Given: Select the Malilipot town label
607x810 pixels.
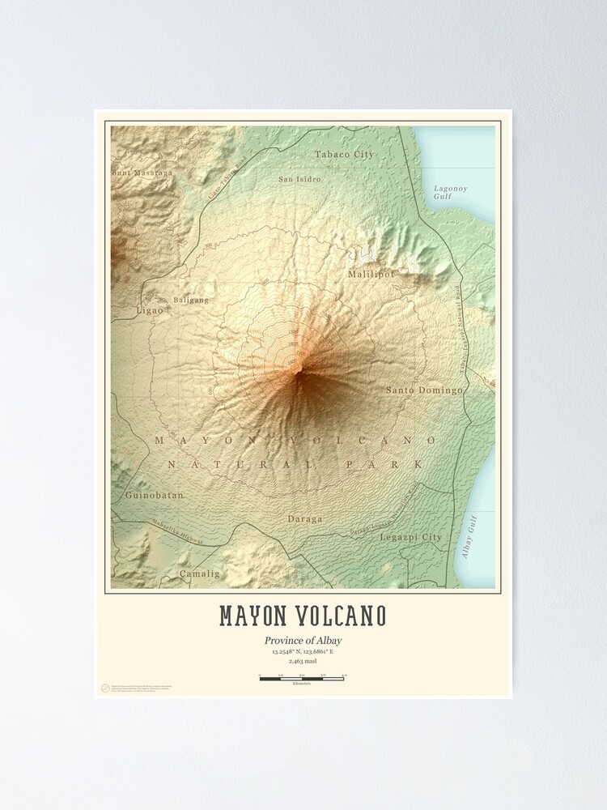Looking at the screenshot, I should coord(371,275).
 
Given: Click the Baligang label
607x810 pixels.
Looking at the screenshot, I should coord(190,300).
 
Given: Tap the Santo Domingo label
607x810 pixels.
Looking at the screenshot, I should coord(424,390).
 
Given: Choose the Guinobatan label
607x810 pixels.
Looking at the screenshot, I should coord(155,495).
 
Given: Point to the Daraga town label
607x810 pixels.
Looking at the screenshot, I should coord(304,518).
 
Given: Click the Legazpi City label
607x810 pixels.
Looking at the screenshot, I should coord(411,537).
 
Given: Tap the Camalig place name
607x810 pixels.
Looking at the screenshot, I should coord(200,573).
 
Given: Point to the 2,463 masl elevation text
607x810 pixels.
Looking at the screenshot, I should coord(303,661).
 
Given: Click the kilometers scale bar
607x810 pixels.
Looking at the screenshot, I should coord(302,678).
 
